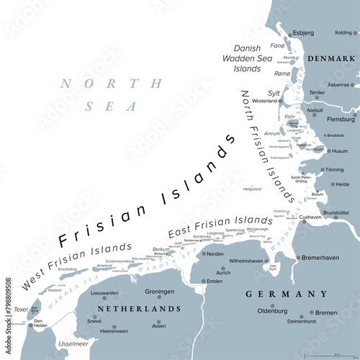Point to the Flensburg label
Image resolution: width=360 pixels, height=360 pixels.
tap(341, 119)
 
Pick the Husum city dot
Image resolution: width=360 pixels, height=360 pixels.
tap(327, 151)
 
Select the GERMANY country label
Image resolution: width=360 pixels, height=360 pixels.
tap(287, 294)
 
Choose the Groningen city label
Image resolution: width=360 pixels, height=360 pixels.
tap(160, 292)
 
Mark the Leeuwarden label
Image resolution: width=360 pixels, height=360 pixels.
tap(105, 294)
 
